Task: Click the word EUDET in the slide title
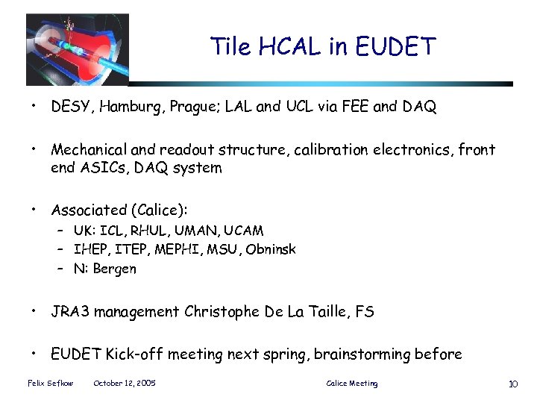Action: pyautogui.click(x=396, y=47)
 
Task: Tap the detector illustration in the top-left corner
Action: pyautogui.click(x=77, y=50)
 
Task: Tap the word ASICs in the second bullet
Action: pyautogui.click(x=105, y=168)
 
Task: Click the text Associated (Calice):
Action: pyautogui.click(x=119, y=210)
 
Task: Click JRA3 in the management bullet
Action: pyautogui.click(x=69, y=311)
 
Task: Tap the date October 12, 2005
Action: pyautogui.click(x=125, y=384)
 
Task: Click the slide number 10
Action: pyautogui.click(x=512, y=384)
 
